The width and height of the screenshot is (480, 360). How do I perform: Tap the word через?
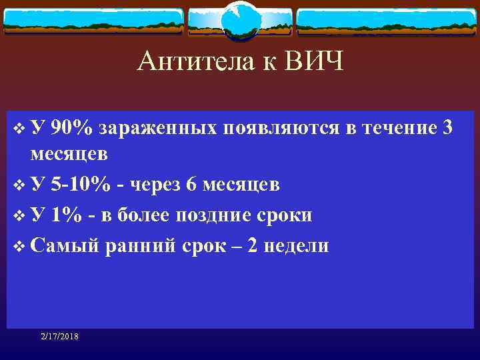tap(157, 184)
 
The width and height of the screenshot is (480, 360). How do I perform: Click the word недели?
tap(297, 245)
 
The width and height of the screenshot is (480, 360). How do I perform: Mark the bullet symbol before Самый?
tap(19, 246)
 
